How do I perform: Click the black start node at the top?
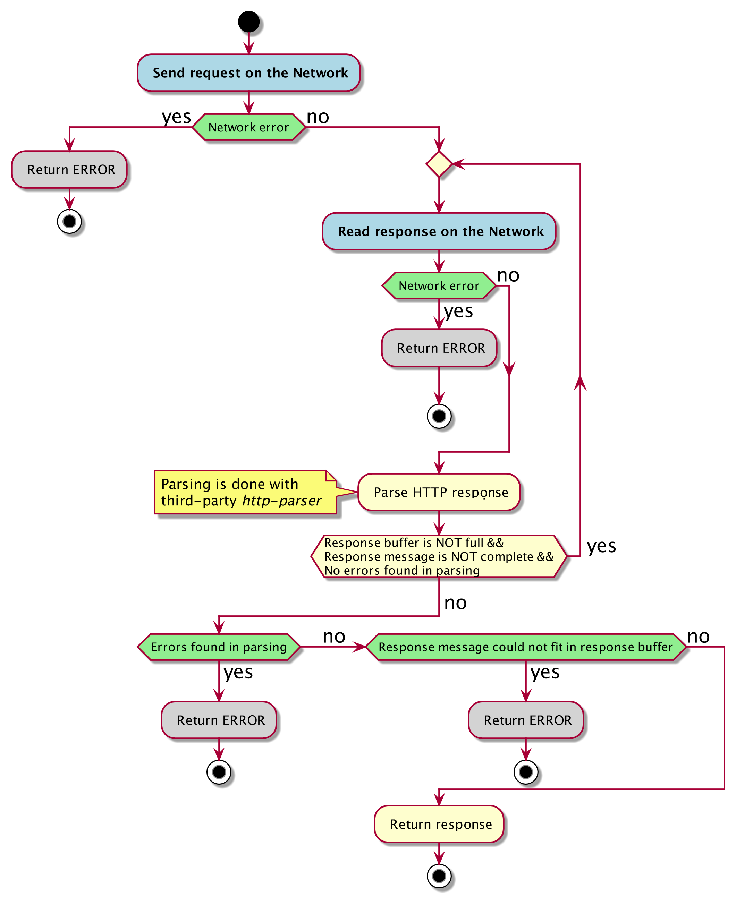click(248, 22)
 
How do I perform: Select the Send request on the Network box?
click(248, 73)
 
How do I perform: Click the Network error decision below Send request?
click(248, 127)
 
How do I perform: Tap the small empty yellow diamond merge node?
click(439, 164)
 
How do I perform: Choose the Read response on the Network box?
click(439, 231)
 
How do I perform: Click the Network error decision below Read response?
click(439, 285)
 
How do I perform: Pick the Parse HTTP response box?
click(439, 492)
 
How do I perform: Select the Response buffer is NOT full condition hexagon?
click(439, 556)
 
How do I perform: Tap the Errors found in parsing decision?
click(219, 647)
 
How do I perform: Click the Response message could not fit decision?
click(525, 647)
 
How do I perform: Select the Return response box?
click(439, 824)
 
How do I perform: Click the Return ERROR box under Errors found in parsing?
click(219, 720)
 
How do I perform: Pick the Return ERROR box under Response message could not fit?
click(525, 720)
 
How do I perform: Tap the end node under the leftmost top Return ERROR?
click(69, 221)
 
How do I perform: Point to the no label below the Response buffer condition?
click(455, 603)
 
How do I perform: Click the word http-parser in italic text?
click(281, 501)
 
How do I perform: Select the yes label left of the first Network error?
click(176, 117)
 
